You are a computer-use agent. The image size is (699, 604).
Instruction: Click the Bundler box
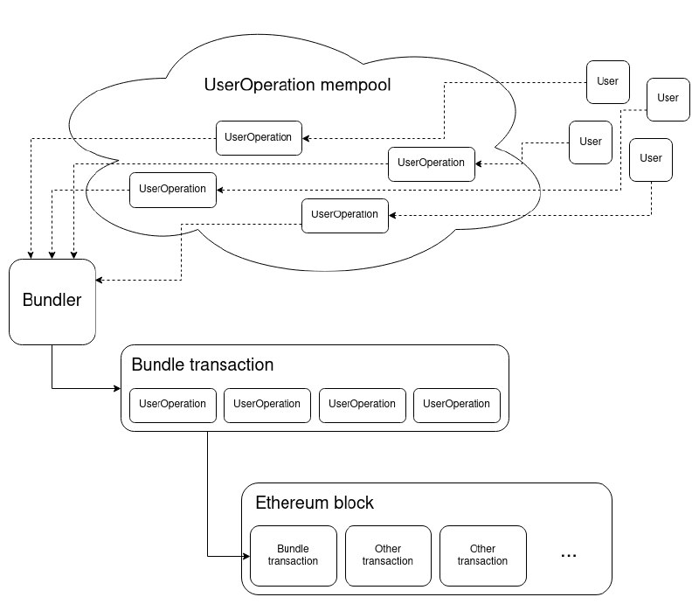coord(52,300)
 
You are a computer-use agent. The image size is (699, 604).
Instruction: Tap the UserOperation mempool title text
coord(296,86)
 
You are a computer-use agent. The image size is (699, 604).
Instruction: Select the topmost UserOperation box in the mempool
coord(259,137)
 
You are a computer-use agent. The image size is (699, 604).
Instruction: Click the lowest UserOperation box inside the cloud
coord(345,214)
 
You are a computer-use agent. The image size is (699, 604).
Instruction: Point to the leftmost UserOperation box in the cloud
coord(172,189)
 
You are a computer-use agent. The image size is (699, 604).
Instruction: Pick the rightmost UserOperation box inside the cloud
coord(432,163)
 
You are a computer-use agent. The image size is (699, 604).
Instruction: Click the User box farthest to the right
coord(668,98)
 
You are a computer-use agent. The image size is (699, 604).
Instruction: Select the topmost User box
coord(607,81)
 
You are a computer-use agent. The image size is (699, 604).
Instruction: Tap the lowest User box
coord(651,158)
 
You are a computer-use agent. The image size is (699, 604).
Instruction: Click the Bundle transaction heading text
coord(203,364)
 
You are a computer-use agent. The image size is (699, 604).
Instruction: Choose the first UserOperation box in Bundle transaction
coord(173,404)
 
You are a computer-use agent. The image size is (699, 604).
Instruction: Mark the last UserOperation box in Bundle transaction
coord(456,404)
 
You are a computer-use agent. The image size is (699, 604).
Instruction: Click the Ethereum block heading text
coord(315,503)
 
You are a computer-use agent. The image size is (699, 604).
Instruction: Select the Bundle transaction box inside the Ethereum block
coord(293,555)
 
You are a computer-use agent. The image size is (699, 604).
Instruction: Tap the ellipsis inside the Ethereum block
coord(568,554)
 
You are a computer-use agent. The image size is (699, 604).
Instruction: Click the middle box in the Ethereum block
coord(388,555)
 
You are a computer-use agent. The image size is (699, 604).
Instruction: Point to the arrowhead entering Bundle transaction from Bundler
coord(116,387)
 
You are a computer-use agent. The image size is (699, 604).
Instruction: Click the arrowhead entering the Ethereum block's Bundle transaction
coord(246,555)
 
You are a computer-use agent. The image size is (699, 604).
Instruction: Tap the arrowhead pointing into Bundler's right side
coord(100,280)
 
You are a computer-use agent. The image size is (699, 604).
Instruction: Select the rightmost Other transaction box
coord(482,555)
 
